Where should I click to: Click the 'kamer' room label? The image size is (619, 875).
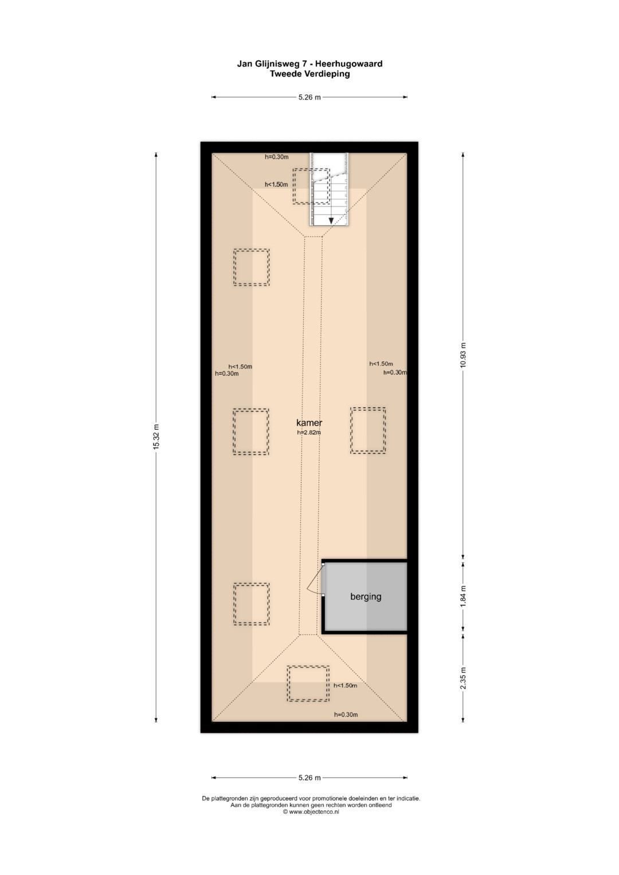coord(309,423)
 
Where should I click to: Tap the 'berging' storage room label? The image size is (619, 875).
coord(366,597)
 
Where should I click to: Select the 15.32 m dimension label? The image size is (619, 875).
coord(156,437)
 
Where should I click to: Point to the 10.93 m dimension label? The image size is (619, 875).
coord(463,355)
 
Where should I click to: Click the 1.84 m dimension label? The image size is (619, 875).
coord(463,596)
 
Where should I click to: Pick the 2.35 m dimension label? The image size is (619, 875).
coord(463,678)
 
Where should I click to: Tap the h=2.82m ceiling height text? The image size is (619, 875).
coord(309,433)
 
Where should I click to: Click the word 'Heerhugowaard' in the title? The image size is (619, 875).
coord(349,64)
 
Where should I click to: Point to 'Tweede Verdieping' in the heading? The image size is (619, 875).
coord(309,74)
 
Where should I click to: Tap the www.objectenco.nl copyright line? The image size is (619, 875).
coord(311,811)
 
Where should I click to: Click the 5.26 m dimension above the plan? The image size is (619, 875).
coord(309,97)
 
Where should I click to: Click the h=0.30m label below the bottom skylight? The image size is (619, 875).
coord(346,715)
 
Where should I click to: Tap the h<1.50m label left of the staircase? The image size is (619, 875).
coord(276,185)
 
